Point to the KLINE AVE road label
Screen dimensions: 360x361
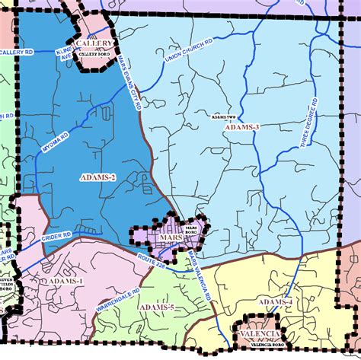65,53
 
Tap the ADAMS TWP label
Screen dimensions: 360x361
225,117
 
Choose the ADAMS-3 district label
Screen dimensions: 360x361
242,127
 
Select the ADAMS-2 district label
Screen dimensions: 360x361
97,177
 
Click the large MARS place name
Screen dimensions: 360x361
170,238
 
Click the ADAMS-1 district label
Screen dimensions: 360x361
64,282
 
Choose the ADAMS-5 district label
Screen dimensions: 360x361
157,307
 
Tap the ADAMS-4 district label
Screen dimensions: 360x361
275,303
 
